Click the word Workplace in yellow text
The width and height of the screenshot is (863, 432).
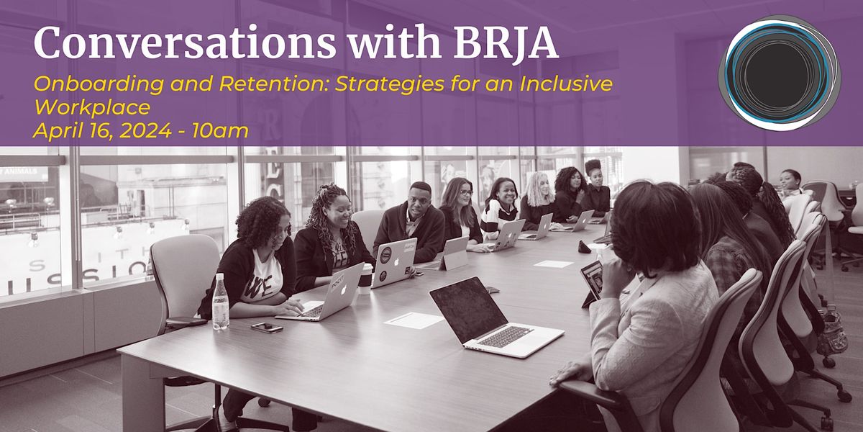click(92, 107)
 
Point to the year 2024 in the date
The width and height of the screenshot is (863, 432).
click(140, 130)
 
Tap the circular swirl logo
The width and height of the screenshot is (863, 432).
click(779, 73)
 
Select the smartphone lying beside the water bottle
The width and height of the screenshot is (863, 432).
click(266, 327)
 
